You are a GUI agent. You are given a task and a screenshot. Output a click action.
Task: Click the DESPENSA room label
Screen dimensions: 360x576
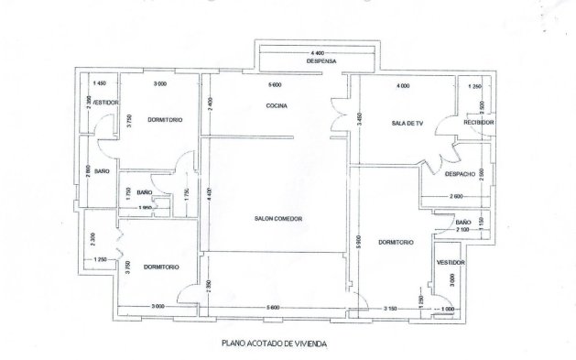point(321,62)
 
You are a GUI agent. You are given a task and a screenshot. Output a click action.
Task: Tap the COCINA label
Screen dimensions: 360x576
point(277,106)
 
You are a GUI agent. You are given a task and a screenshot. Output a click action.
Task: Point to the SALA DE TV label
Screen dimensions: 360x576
point(405,123)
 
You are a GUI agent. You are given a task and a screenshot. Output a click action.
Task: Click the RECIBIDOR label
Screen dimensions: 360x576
point(479,122)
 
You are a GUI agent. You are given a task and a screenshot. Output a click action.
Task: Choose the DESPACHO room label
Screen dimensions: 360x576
point(460,173)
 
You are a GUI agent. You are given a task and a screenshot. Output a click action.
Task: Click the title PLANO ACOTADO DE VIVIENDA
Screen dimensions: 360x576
point(274,345)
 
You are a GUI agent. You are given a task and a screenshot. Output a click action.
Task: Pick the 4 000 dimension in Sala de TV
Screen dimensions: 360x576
point(402,85)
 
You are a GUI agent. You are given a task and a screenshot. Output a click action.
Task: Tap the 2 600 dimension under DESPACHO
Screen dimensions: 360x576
point(455,198)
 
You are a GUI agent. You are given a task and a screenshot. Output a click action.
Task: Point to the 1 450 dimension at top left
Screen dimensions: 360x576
point(100,84)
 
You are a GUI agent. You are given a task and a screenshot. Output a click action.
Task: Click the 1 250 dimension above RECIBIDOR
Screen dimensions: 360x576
point(474,85)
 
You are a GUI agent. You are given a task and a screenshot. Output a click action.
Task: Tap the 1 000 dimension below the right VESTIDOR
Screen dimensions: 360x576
point(446,309)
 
